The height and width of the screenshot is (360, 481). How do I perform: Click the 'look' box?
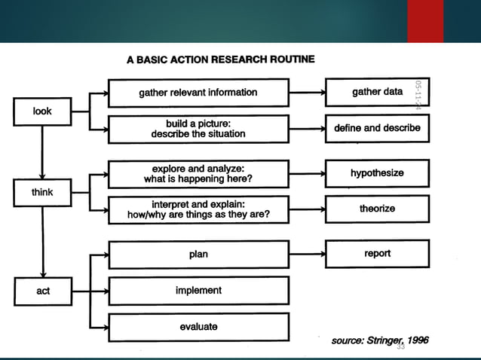[x=42, y=111]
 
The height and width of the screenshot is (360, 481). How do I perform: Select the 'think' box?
[x=42, y=193]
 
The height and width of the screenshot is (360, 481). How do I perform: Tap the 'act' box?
[x=42, y=291]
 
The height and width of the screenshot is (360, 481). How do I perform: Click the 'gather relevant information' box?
[x=198, y=93]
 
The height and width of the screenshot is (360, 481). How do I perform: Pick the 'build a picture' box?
[x=198, y=128]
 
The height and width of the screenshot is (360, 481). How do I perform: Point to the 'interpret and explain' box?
[x=198, y=209]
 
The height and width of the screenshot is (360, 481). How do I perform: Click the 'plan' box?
[x=198, y=255]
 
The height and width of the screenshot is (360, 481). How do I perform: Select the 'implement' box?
[x=198, y=291]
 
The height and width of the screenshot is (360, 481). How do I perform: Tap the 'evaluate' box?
[x=198, y=326]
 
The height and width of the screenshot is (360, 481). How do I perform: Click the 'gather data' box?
[x=377, y=92]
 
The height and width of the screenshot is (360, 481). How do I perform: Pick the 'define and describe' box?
[x=377, y=128]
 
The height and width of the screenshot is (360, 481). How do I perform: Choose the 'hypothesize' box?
[x=377, y=173]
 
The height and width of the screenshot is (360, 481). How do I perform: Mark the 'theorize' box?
[x=377, y=209]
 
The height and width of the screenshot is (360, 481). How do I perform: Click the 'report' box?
[x=377, y=254]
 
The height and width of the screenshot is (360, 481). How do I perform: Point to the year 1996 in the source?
[x=415, y=341]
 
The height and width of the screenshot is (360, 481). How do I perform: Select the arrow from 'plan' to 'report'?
[x=307, y=255]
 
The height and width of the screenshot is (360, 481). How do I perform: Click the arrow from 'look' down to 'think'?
[x=42, y=151]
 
